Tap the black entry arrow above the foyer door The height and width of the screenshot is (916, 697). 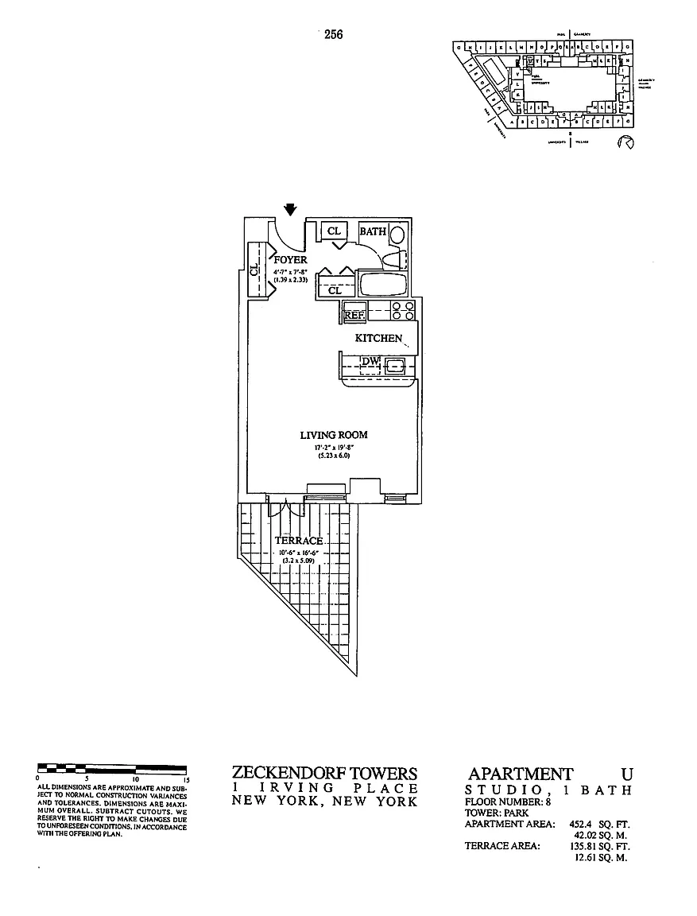tap(291, 209)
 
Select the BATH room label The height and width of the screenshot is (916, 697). tap(373, 231)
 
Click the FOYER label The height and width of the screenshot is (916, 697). tap(290, 259)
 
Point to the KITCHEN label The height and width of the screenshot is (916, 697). tap(378, 338)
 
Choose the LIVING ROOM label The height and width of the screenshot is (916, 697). tap(333, 435)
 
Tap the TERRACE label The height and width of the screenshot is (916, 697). tap(299, 541)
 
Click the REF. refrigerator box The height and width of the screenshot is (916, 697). tap(354, 315)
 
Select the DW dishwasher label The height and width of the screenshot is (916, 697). tap(370, 363)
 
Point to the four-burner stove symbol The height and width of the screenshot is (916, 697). tap(403, 310)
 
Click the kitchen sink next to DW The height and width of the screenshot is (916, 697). tap(396, 366)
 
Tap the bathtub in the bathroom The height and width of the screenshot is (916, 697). tap(383, 284)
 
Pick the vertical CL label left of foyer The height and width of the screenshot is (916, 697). tap(254, 270)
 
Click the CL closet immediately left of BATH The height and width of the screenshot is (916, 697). tap(335, 231)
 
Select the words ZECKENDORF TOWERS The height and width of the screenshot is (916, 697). tap(324, 773)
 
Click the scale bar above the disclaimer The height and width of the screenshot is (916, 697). tap(112, 769)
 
